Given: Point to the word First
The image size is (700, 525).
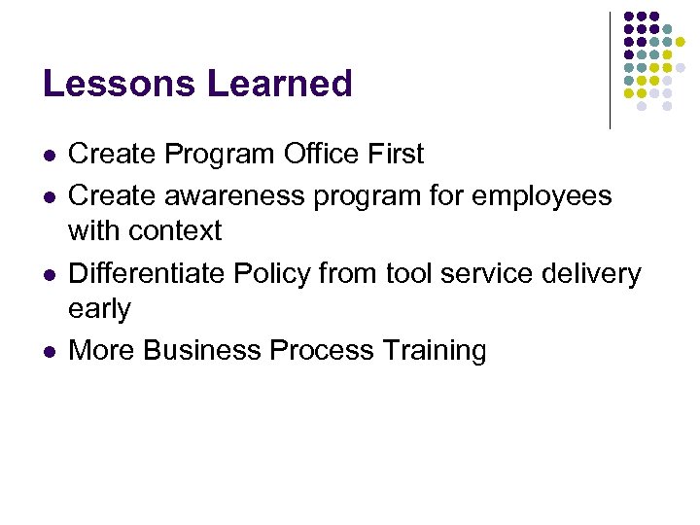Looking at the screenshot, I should click(x=397, y=155).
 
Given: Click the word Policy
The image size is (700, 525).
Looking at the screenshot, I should click(x=275, y=274).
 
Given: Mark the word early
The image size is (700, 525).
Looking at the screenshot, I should click(x=99, y=309).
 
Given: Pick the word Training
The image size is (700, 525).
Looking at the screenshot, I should click(x=434, y=350).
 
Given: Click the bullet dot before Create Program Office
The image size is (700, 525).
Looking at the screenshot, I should click(x=49, y=156).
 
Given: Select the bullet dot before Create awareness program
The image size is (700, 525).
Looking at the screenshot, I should click(x=49, y=196).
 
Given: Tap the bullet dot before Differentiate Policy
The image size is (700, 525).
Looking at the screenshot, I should click(x=49, y=275).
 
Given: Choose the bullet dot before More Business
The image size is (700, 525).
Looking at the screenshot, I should click(x=49, y=351).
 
